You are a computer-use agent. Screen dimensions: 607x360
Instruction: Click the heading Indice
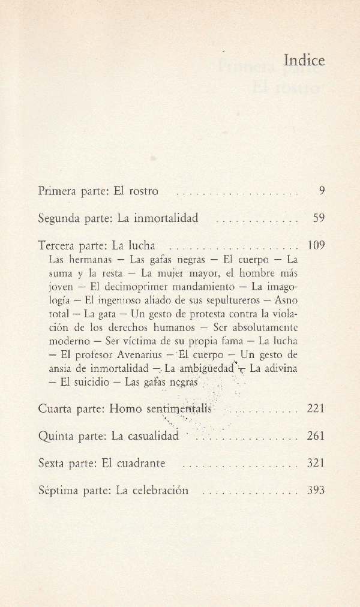pyautogui.click(x=304, y=61)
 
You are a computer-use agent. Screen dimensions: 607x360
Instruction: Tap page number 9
pyautogui.click(x=322, y=191)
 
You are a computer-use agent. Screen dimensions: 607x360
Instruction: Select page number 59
pyautogui.click(x=319, y=218)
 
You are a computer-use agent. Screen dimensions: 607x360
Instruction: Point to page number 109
pyautogui.click(x=316, y=245)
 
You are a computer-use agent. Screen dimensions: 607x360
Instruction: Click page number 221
pyautogui.click(x=316, y=409)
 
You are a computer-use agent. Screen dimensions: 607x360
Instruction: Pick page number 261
pyautogui.click(x=316, y=436)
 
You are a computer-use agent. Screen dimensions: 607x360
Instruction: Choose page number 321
pyautogui.click(x=316, y=463)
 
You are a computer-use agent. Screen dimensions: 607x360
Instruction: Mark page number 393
pyautogui.click(x=316, y=490)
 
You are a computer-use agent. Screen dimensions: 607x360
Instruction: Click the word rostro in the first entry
pyautogui.click(x=143, y=191)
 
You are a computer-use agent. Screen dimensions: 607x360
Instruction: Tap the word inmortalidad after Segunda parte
pyautogui.click(x=166, y=218)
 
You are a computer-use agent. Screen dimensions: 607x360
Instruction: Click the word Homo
pyautogui.click(x=126, y=409)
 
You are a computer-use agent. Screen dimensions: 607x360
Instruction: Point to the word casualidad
pyautogui.click(x=154, y=436)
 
